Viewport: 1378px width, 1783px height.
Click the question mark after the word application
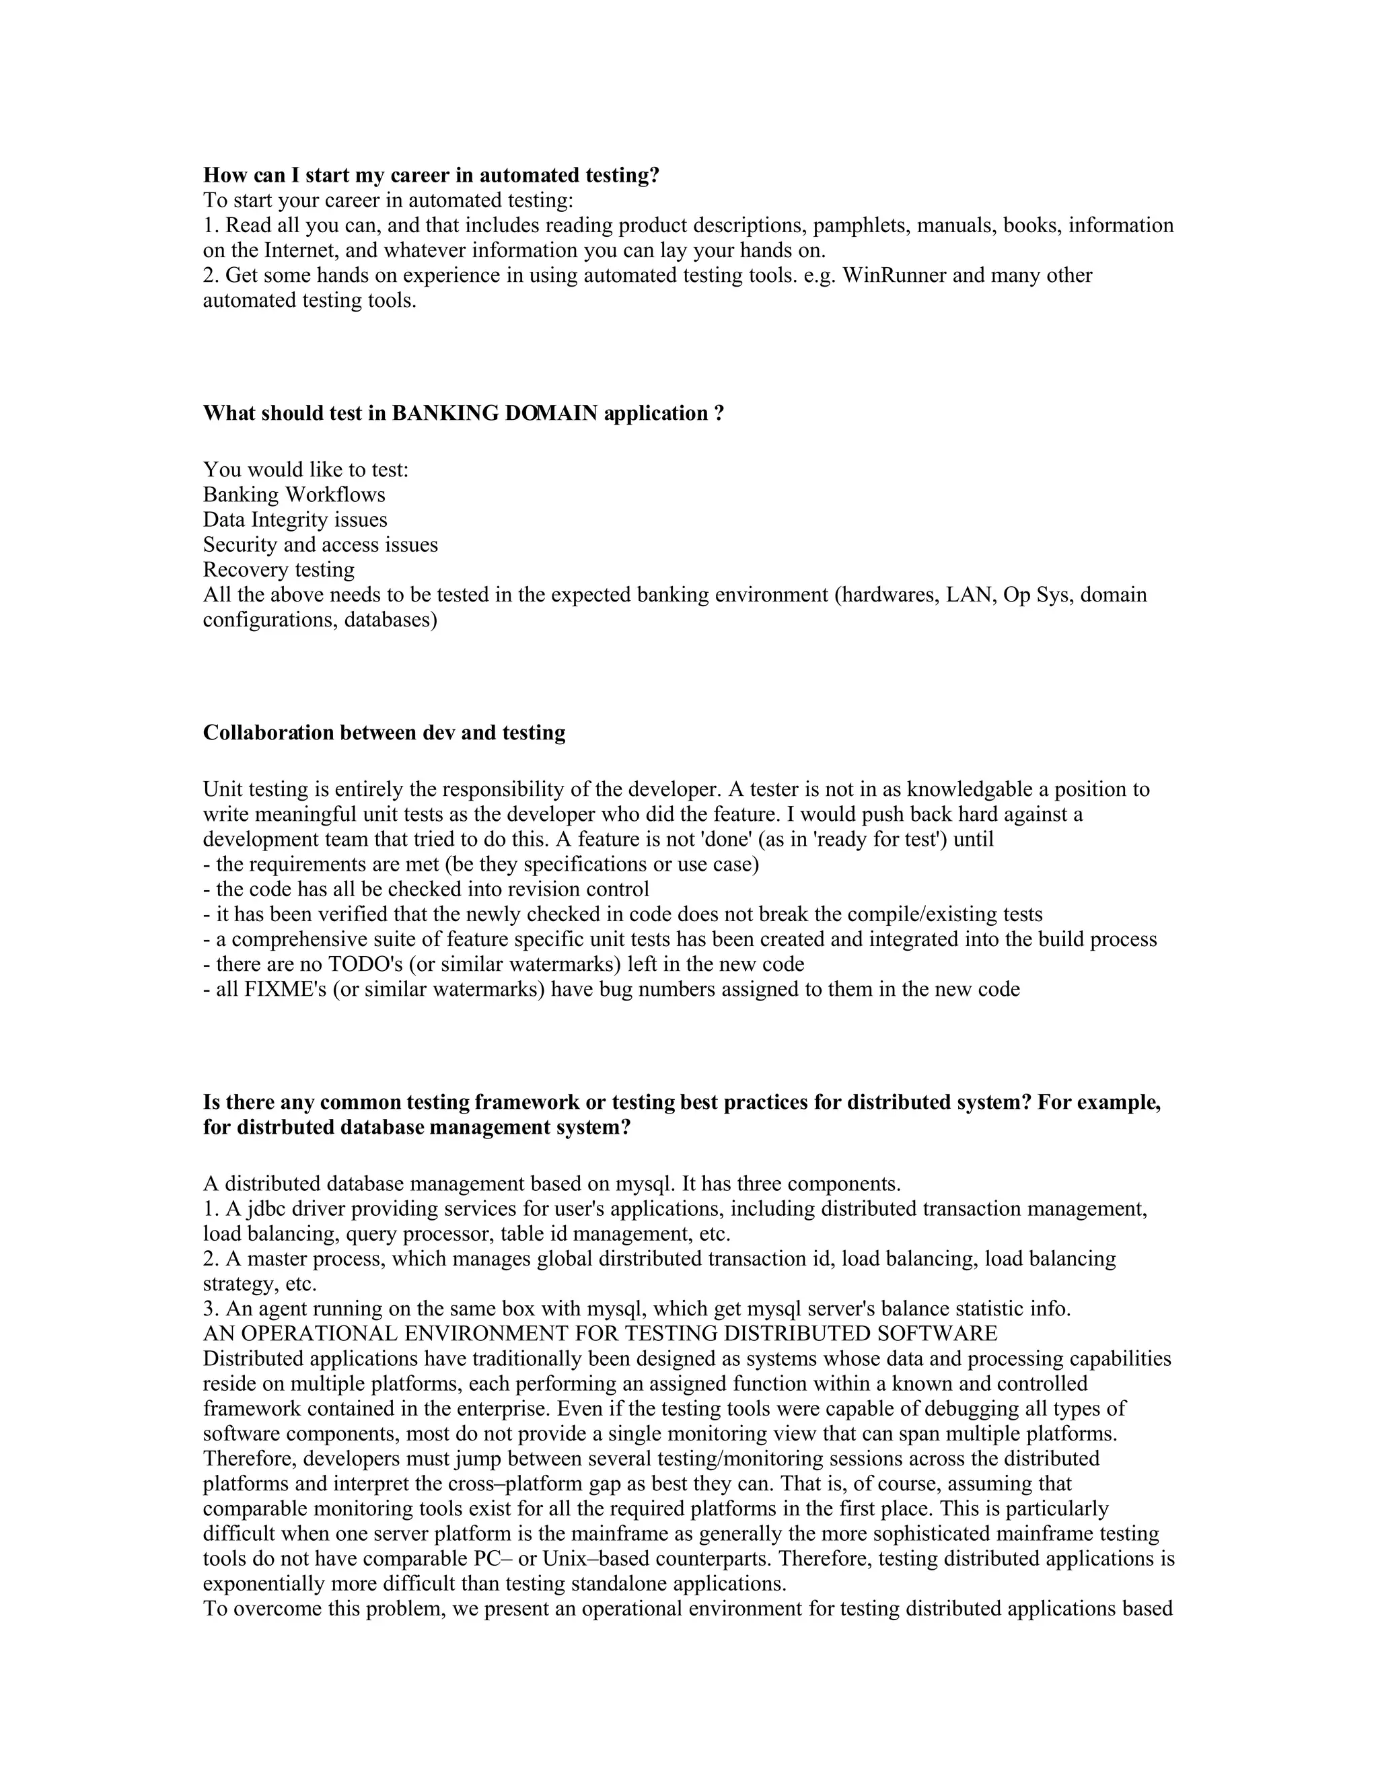pyautogui.click(x=719, y=413)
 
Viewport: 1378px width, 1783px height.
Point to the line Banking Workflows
pyautogui.click(x=294, y=495)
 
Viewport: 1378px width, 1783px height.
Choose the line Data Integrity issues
pyautogui.click(x=295, y=520)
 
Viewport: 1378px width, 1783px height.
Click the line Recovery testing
pyautogui.click(x=279, y=570)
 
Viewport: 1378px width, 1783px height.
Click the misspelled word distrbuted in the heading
pyautogui.click(x=289, y=1128)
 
